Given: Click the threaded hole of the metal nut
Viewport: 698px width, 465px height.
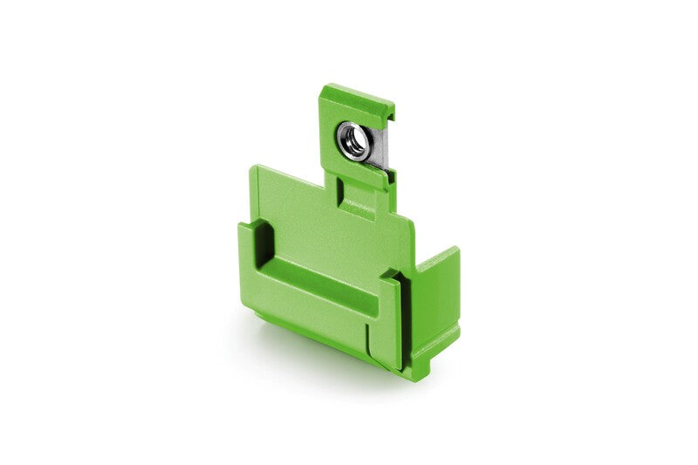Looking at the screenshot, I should click(354, 140).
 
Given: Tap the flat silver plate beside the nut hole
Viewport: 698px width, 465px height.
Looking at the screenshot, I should click(378, 148).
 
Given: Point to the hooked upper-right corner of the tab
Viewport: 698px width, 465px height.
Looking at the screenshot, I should click(389, 112).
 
